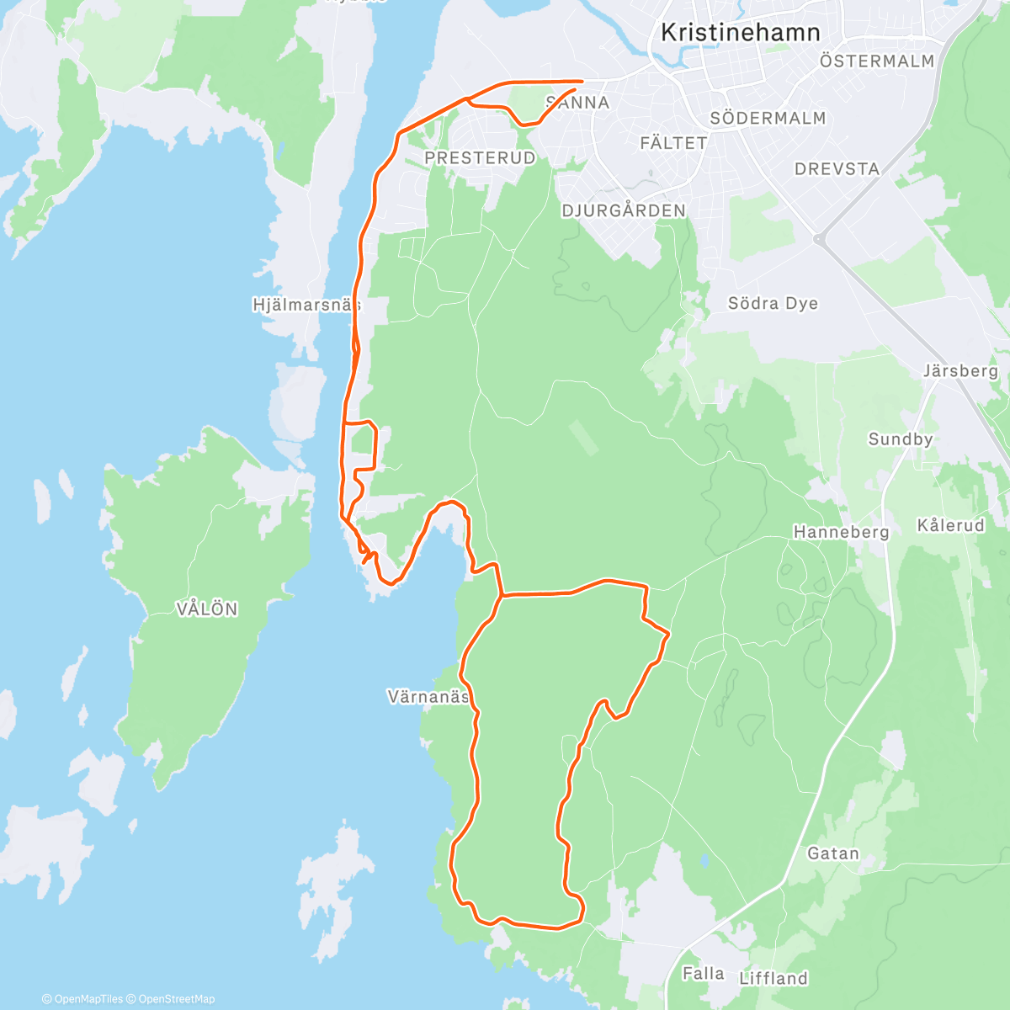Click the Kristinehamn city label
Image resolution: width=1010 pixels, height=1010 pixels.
click(x=740, y=33)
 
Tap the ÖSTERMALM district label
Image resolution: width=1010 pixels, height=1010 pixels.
click(x=877, y=61)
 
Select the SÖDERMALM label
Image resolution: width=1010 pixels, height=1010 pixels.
click(x=768, y=119)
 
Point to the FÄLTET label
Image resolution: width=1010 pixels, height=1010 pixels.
click(x=673, y=144)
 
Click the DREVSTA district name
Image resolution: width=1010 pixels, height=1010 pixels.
click(x=837, y=169)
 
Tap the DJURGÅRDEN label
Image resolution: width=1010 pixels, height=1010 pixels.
click(x=624, y=210)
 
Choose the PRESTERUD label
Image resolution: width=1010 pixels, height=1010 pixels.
click(x=480, y=158)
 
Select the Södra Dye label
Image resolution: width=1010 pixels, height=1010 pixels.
click(x=773, y=304)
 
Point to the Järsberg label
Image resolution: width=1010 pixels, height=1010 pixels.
click(x=960, y=371)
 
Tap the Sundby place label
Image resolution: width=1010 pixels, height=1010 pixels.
click(x=901, y=439)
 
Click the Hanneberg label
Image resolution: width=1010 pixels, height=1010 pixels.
click(x=841, y=532)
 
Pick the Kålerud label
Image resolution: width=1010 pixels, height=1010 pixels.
click(x=950, y=525)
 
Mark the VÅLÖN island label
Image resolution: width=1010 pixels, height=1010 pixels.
click(x=207, y=609)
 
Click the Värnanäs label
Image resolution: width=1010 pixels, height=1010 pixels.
click(x=428, y=697)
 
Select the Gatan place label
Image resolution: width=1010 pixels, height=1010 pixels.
click(x=833, y=853)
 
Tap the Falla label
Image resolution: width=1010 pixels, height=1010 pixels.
click(x=703, y=974)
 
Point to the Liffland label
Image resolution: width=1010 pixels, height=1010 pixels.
click(x=773, y=978)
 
